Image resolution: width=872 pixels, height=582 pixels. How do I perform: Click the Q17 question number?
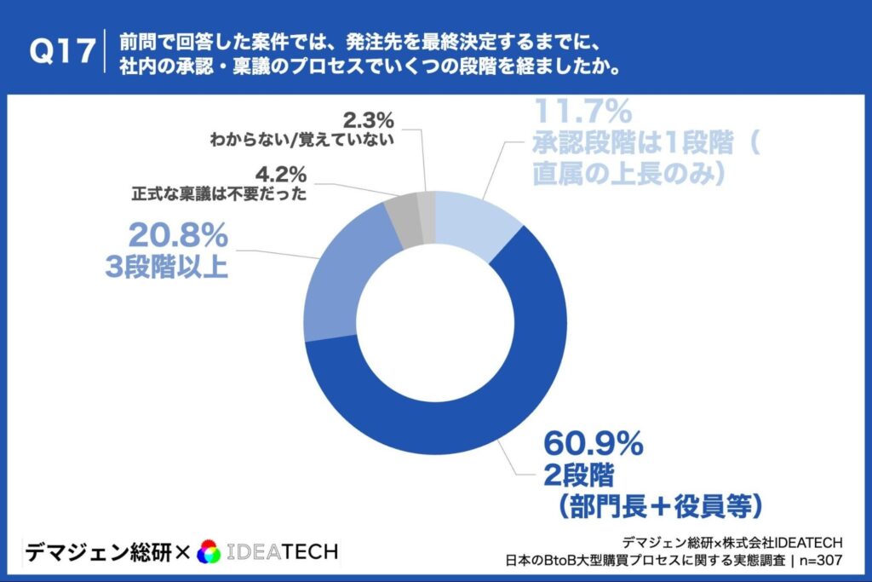(x=62, y=52)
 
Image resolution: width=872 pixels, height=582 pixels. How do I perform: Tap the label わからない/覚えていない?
(x=302, y=140)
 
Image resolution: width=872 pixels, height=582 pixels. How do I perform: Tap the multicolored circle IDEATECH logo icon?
(x=209, y=552)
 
